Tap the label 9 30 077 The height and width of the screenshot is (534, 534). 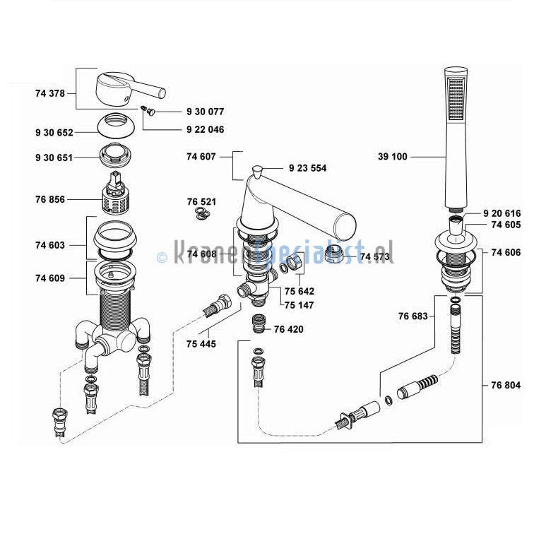pos(205,112)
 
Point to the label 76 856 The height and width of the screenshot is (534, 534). pos(49,200)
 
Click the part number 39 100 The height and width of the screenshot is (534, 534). pos(393,157)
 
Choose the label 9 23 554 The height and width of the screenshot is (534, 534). pos(307,168)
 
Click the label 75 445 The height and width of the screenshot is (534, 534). pos(201,344)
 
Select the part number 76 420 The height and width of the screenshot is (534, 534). pos(289,329)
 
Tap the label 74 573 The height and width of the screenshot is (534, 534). pos(375,255)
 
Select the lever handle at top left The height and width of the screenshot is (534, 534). pos(127,88)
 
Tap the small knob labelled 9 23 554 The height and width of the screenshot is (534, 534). pos(258,170)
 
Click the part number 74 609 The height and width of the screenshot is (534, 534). pos(49,278)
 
